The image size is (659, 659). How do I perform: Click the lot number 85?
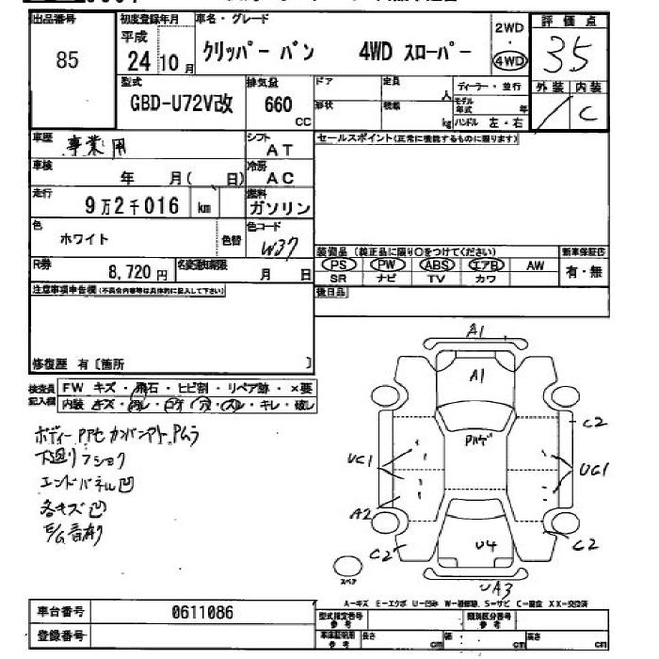click(67, 61)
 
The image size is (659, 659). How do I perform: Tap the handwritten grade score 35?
click(568, 56)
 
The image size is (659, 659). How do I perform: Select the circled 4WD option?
click(509, 61)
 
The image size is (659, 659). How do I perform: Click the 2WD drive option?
click(509, 28)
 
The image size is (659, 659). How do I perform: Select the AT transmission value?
click(280, 149)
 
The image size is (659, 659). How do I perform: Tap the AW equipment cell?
click(535, 265)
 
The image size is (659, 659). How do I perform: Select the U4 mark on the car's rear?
click(485, 545)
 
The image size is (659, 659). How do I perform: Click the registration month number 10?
click(169, 64)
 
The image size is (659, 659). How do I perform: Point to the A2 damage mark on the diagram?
click(360, 513)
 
